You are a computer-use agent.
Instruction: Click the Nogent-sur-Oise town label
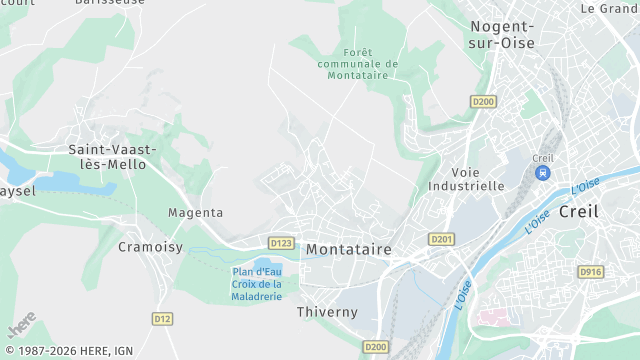point(502,35)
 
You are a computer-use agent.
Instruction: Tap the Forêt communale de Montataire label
point(357,64)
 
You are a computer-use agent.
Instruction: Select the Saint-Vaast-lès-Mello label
point(112,156)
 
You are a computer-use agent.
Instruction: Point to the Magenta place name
point(195,213)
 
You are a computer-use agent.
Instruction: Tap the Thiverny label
point(327,312)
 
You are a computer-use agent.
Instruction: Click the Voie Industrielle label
point(466,178)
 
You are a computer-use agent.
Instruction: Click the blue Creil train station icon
point(543,172)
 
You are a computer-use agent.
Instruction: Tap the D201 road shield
point(441,239)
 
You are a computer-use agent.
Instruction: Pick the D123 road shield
point(281,242)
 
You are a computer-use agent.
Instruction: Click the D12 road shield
point(162,318)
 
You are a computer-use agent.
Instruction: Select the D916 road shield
point(591,271)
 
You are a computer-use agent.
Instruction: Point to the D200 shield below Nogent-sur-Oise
point(483,101)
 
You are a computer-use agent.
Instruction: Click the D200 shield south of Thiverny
point(376,346)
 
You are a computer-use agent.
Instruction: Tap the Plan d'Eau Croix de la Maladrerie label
point(258,283)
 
